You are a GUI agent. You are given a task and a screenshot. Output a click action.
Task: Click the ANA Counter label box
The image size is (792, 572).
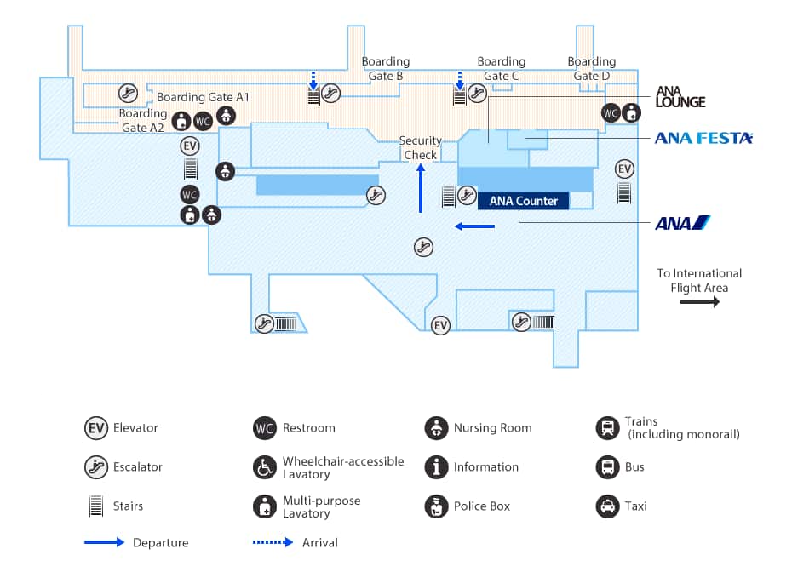point(523,201)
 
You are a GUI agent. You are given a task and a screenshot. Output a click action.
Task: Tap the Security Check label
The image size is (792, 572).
point(421,147)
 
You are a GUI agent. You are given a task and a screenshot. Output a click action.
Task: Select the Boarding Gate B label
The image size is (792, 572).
point(386,68)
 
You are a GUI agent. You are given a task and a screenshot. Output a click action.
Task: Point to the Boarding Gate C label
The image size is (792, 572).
point(501,68)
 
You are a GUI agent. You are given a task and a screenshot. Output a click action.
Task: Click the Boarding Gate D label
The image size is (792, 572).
point(592,68)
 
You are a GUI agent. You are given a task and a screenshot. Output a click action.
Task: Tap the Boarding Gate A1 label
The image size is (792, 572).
point(203,98)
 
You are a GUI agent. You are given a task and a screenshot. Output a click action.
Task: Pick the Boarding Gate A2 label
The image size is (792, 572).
point(142,120)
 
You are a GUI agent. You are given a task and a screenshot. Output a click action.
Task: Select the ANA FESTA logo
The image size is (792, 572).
point(703,138)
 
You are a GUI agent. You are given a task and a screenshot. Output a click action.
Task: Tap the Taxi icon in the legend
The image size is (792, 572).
point(607,506)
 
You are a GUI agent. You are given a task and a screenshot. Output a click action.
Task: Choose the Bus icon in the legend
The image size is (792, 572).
point(607,467)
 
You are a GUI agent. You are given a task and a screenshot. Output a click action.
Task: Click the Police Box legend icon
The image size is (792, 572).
point(436,506)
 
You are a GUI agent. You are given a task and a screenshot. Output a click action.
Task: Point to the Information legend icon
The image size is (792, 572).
point(436,467)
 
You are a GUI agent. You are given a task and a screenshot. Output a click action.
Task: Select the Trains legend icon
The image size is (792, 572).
point(607,428)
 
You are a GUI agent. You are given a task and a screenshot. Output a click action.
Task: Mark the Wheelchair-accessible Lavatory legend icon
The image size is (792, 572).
point(265,467)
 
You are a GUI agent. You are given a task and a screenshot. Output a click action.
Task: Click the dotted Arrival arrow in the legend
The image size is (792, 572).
point(273,542)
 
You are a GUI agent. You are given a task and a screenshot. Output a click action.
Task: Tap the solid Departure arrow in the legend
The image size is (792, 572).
point(104,542)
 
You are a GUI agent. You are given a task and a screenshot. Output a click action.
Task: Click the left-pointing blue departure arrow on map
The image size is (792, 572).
point(474,226)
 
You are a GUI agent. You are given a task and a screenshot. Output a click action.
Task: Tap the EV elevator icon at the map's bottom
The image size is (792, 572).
point(440,326)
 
